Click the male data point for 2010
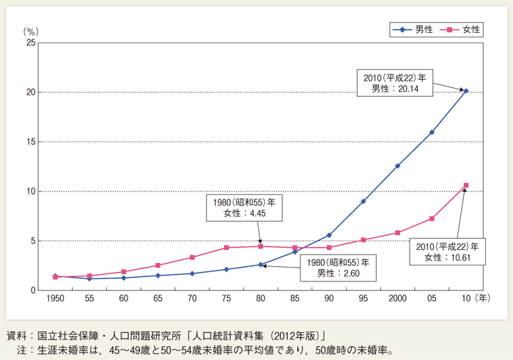(x=466, y=91)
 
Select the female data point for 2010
(x=466, y=185)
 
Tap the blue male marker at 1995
(x=363, y=201)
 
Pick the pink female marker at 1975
(x=226, y=248)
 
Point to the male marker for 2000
(x=398, y=166)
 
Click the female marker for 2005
(x=432, y=218)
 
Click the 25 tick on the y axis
(x=30, y=43)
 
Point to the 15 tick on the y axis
(x=30, y=142)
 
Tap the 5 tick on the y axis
(x=32, y=240)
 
